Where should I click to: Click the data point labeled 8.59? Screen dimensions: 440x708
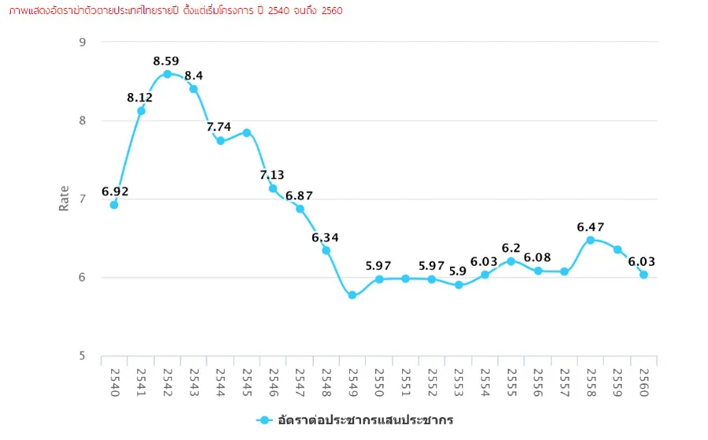tap(167, 74)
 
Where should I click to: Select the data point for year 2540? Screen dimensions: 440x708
tap(114, 205)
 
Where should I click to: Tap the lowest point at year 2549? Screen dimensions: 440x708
tap(352, 295)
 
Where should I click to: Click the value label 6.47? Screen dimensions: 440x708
tap(590, 227)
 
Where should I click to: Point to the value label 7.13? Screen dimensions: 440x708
tap(272, 175)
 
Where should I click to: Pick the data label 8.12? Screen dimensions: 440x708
tap(140, 98)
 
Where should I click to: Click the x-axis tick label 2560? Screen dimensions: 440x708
tap(644, 383)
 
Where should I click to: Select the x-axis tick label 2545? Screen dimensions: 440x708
tap(247, 383)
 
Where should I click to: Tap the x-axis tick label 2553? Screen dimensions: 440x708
tap(459, 383)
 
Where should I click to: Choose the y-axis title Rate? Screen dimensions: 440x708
tap(65, 198)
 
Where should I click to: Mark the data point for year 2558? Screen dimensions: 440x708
tap(590, 240)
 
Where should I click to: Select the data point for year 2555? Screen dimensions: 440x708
tap(511, 261)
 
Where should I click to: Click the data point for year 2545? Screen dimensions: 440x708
tap(247, 132)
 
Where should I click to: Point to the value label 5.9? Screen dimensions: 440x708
tap(458, 271)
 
